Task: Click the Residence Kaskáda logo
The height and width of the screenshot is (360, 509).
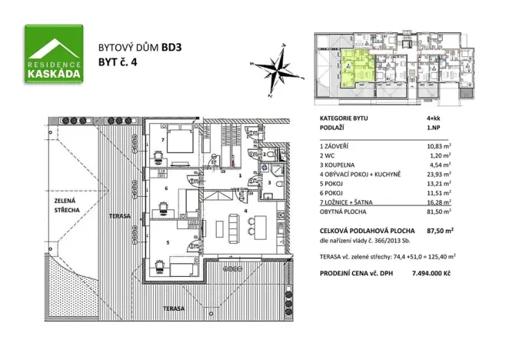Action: pos(55,53)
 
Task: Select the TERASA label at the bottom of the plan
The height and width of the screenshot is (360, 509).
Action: pos(173,308)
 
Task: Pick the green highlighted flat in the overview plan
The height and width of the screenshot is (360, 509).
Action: pos(355,68)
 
